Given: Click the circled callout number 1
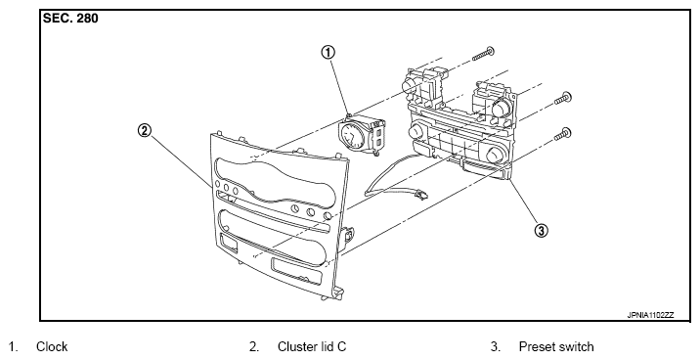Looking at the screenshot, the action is (328, 53).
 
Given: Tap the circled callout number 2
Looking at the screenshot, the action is (144, 131).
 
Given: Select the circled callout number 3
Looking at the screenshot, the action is (541, 231).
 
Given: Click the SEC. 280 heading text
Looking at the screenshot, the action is (70, 19).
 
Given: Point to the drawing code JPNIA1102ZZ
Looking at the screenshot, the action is (650, 315).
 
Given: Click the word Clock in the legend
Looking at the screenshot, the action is (52, 346).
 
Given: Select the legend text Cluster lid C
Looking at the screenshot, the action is (312, 346).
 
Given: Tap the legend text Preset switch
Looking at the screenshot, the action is (556, 346).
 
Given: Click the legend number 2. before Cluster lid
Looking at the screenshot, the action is (253, 346).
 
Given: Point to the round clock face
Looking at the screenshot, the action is (352, 136).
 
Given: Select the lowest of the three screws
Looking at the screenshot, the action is (562, 134).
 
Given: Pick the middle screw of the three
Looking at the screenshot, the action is (563, 98).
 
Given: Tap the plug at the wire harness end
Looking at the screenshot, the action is (420, 194).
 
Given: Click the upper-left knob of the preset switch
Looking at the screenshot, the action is (410, 84).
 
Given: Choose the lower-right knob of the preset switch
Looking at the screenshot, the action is (495, 155).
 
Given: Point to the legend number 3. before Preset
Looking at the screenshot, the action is (495, 346).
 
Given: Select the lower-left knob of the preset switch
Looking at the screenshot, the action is (416, 131).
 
